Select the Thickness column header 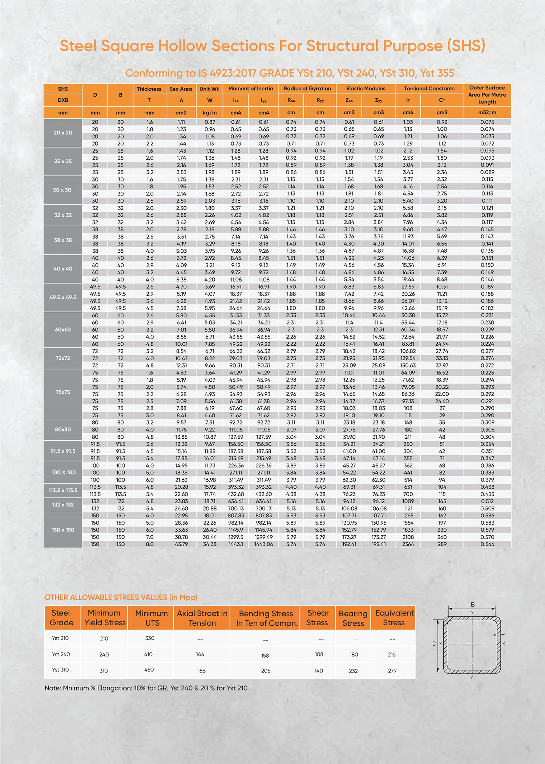click(149, 89)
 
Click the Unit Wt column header click(209, 89)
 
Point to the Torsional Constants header click(429, 89)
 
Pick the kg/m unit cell click(210, 113)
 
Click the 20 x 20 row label click(63, 133)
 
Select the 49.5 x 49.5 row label click(63, 297)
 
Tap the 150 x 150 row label click(63, 530)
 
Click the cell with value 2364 click(408, 544)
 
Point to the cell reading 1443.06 click(263, 544)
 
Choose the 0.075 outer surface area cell click(487, 122)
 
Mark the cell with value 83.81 click(408, 344)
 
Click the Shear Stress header click(317, 618)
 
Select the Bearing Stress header click(353, 618)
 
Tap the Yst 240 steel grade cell click(61, 654)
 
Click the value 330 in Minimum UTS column click(150, 638)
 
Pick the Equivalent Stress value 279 click(392, 671)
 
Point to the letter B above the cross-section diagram click(473, 604)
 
